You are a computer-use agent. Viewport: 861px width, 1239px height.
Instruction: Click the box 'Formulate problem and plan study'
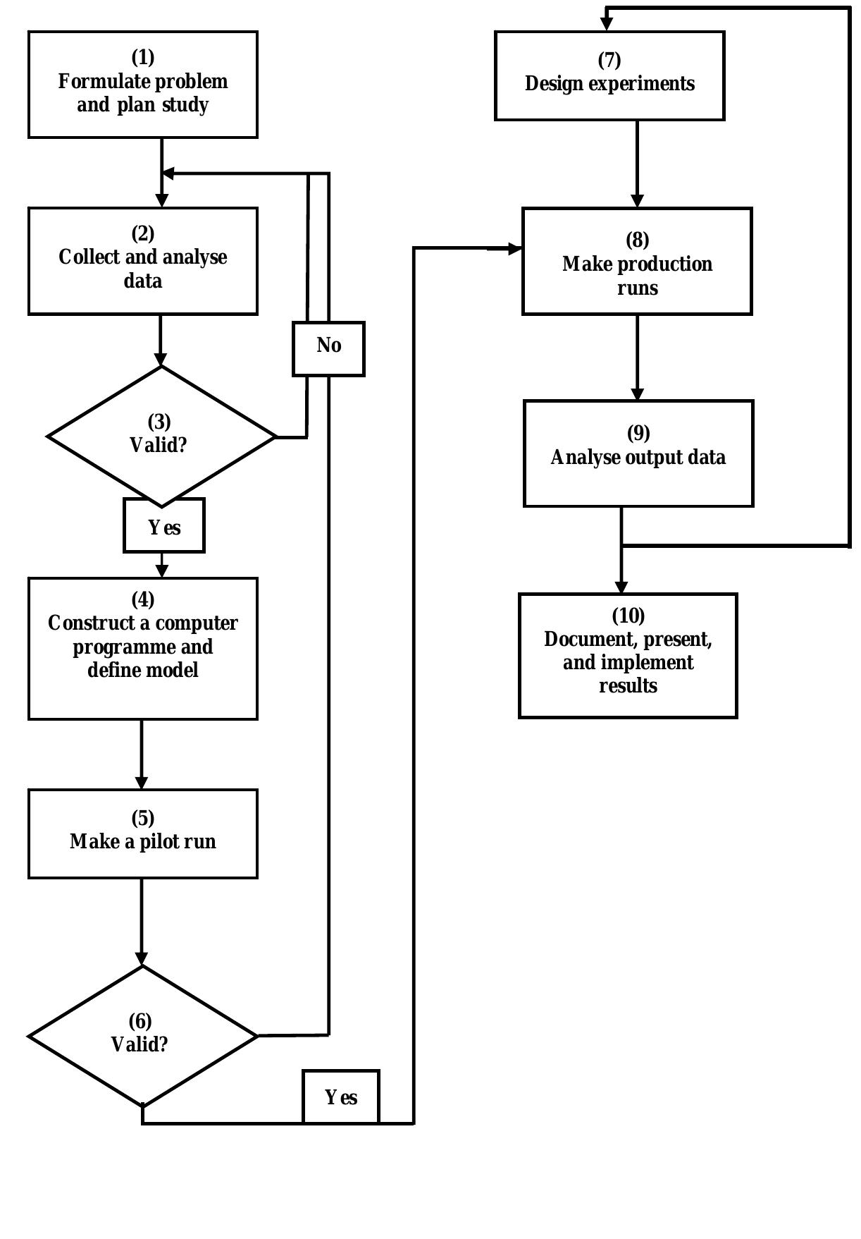[x=142, y=85]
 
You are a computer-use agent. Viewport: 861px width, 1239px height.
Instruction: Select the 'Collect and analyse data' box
[x=142, y=261]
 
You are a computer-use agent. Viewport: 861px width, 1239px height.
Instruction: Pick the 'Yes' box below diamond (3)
[x=164, y=525]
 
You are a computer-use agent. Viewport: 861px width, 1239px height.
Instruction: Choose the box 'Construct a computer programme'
[x=142, y=648]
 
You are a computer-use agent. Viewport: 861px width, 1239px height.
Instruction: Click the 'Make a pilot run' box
[x=142, y=834]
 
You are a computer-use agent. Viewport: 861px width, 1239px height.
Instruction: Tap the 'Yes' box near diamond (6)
[x=341, y=1097]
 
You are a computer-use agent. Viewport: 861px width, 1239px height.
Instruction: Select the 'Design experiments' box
[x=609, y=75]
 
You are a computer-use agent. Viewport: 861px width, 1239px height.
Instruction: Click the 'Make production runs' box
[x=637, y=261]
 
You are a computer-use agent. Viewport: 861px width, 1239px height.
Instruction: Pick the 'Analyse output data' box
[x=638, y=453]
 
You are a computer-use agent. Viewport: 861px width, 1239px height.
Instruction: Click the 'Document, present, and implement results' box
[x=628, y=655]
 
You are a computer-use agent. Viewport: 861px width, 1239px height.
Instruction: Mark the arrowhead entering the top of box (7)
[x=607, y=24]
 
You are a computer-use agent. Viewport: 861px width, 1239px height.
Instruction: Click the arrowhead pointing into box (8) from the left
[x=514, y=248]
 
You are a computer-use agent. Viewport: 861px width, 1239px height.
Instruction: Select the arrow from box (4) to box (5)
[x=142, y=754]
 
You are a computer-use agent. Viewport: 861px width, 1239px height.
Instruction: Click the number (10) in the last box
[x=628, y=616]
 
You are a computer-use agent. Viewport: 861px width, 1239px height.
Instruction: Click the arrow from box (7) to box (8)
[x=637, y=164]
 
